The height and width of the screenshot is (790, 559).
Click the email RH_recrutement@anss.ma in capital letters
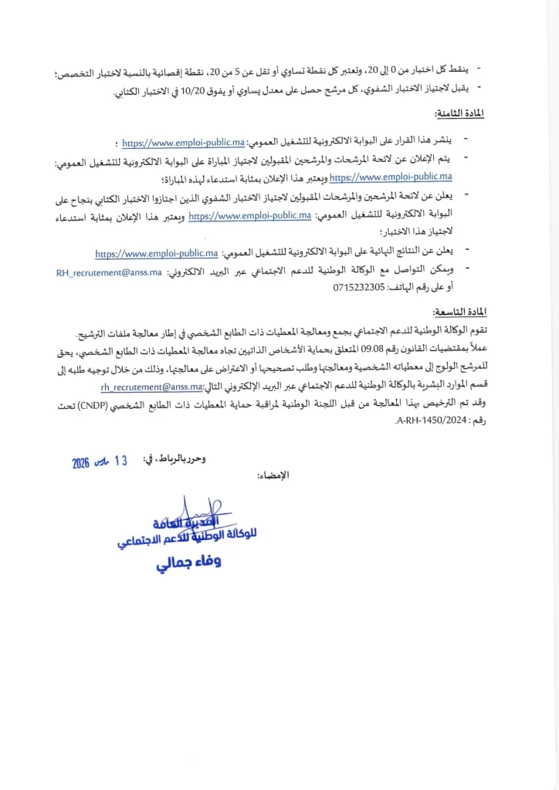[109, 272]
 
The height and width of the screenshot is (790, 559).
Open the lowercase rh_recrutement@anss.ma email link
[151, 387]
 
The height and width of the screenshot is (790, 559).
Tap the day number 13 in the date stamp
[120, 461]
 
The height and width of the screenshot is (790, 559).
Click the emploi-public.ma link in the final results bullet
[157, 253]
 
